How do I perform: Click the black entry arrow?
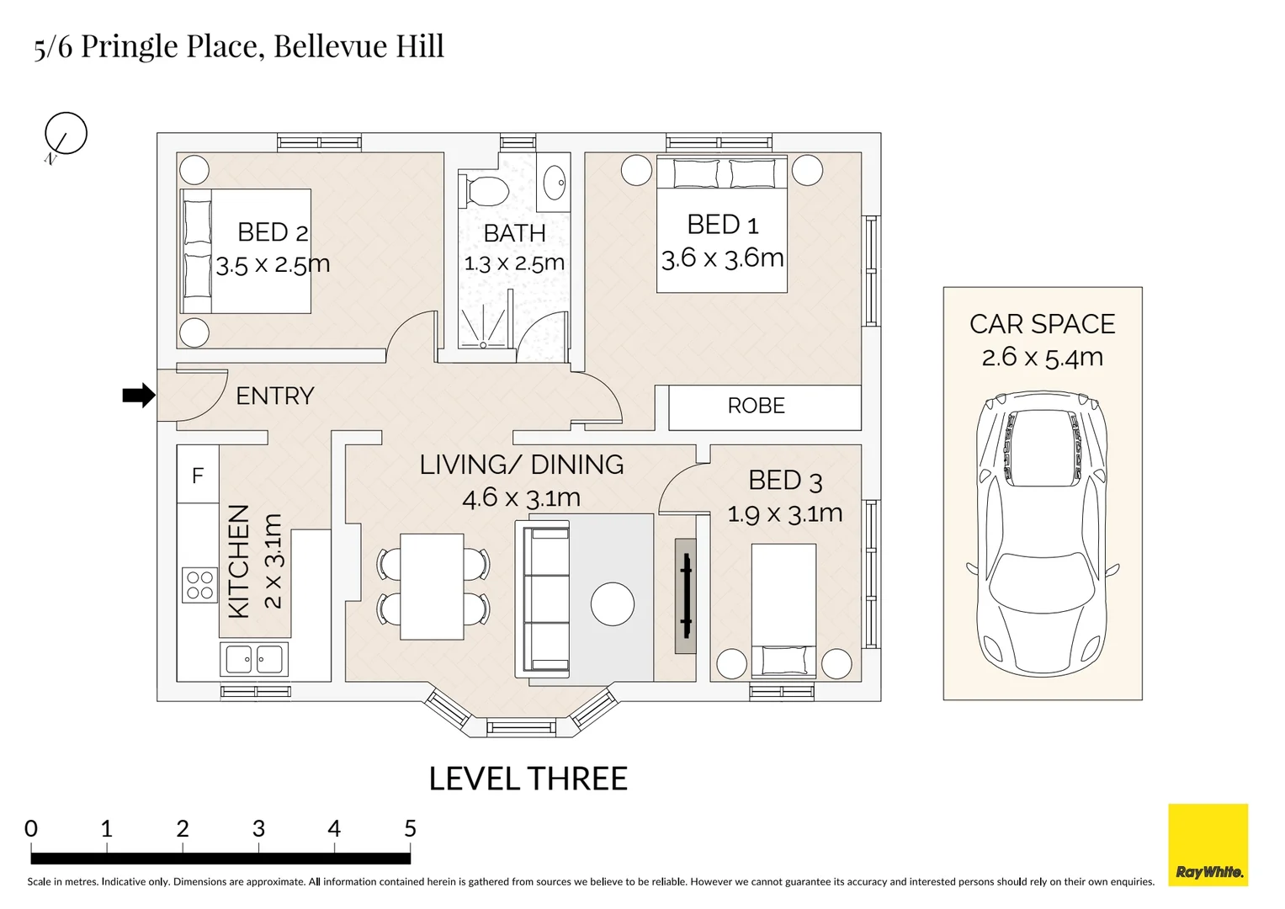tap(139, 396)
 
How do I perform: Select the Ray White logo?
tap(1208, 845)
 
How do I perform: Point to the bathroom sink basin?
tap(555, 183)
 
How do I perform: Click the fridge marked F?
tap(198, 475)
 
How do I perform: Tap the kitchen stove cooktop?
tap(199, 585)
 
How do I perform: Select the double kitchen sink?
tap(254, 659)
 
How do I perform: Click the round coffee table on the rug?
tap(613, 603)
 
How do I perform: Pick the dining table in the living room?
tap(432, 587)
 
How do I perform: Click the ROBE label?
tap(756, 406)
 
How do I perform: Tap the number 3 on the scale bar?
tap(258, 829)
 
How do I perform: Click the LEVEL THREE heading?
tap(528, 779)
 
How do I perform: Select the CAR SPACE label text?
tap(1043, 324)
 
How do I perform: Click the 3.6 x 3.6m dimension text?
tap(722, 258)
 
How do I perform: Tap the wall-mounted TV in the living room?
tap(686, 596)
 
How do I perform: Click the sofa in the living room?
tap(543, 599)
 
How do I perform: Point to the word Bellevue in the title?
tap(331, 46)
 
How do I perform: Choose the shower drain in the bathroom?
tap(483, 345)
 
